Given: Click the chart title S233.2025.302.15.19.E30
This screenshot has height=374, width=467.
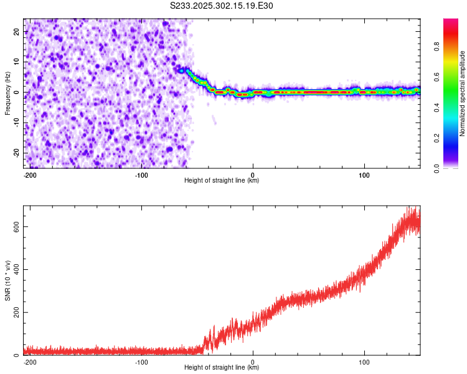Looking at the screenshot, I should click(x=222, y=6).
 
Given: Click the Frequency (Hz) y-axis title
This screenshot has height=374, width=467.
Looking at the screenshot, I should click(x=8, y=93).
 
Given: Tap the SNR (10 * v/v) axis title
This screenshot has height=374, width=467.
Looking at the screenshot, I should click(x=8, y=280).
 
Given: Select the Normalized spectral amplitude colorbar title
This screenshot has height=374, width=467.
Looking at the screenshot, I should click(x=462, y=93).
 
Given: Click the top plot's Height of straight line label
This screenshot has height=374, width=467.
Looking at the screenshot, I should click(x=222, y=181).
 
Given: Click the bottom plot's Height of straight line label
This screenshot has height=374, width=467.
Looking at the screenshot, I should click(x=222, y=368).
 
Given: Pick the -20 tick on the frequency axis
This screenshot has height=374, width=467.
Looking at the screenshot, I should click(x=16, y=153).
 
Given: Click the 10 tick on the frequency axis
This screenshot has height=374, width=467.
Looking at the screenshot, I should click(x=17, y=62).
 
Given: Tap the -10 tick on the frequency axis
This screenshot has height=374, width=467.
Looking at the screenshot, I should click(x=16, y=122).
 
